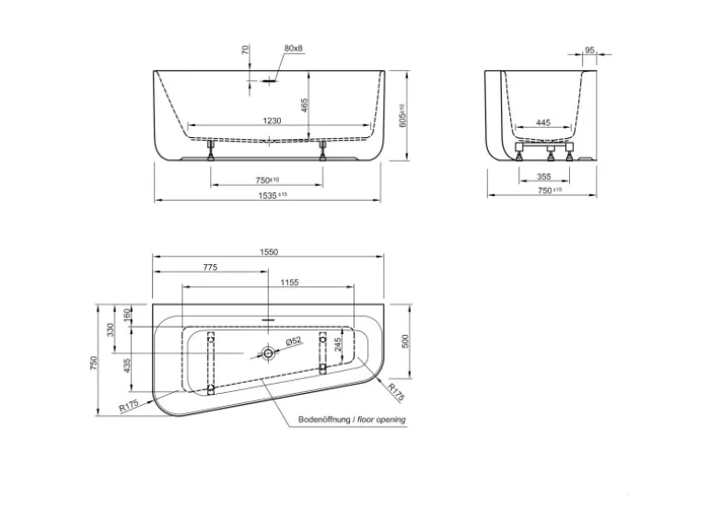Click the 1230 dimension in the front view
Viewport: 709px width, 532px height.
(272, 121)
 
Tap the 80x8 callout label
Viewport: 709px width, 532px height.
(294, 48)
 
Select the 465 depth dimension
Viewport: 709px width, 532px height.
(304, 105)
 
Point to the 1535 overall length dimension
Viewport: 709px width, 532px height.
(273, 195)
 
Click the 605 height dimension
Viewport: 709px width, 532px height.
(402, 116)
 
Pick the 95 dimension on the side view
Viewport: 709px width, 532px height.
(589, 51)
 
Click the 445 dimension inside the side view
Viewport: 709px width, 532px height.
(543, 122)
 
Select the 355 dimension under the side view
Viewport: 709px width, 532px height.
(543, 177)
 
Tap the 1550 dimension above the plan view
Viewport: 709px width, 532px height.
(269, 252)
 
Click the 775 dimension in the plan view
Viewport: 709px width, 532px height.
(210, 268)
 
